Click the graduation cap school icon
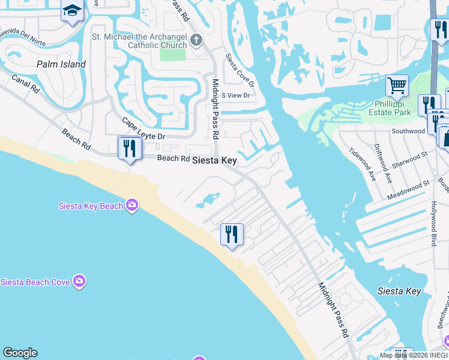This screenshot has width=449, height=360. point(72,11)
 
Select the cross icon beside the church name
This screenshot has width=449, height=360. point(196,41)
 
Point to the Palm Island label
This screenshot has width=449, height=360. point(61,64)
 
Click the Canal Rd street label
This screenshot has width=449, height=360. point(25,84)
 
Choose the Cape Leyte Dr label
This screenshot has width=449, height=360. point(143,128)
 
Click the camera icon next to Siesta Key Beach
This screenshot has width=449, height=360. point(132,206)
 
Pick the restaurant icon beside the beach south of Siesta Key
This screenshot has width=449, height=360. point(232,233)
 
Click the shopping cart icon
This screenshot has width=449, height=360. point(397,86)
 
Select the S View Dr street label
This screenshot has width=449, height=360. point(235,95)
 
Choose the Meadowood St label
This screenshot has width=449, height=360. point(409,189)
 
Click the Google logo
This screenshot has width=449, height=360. point(20,353)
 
